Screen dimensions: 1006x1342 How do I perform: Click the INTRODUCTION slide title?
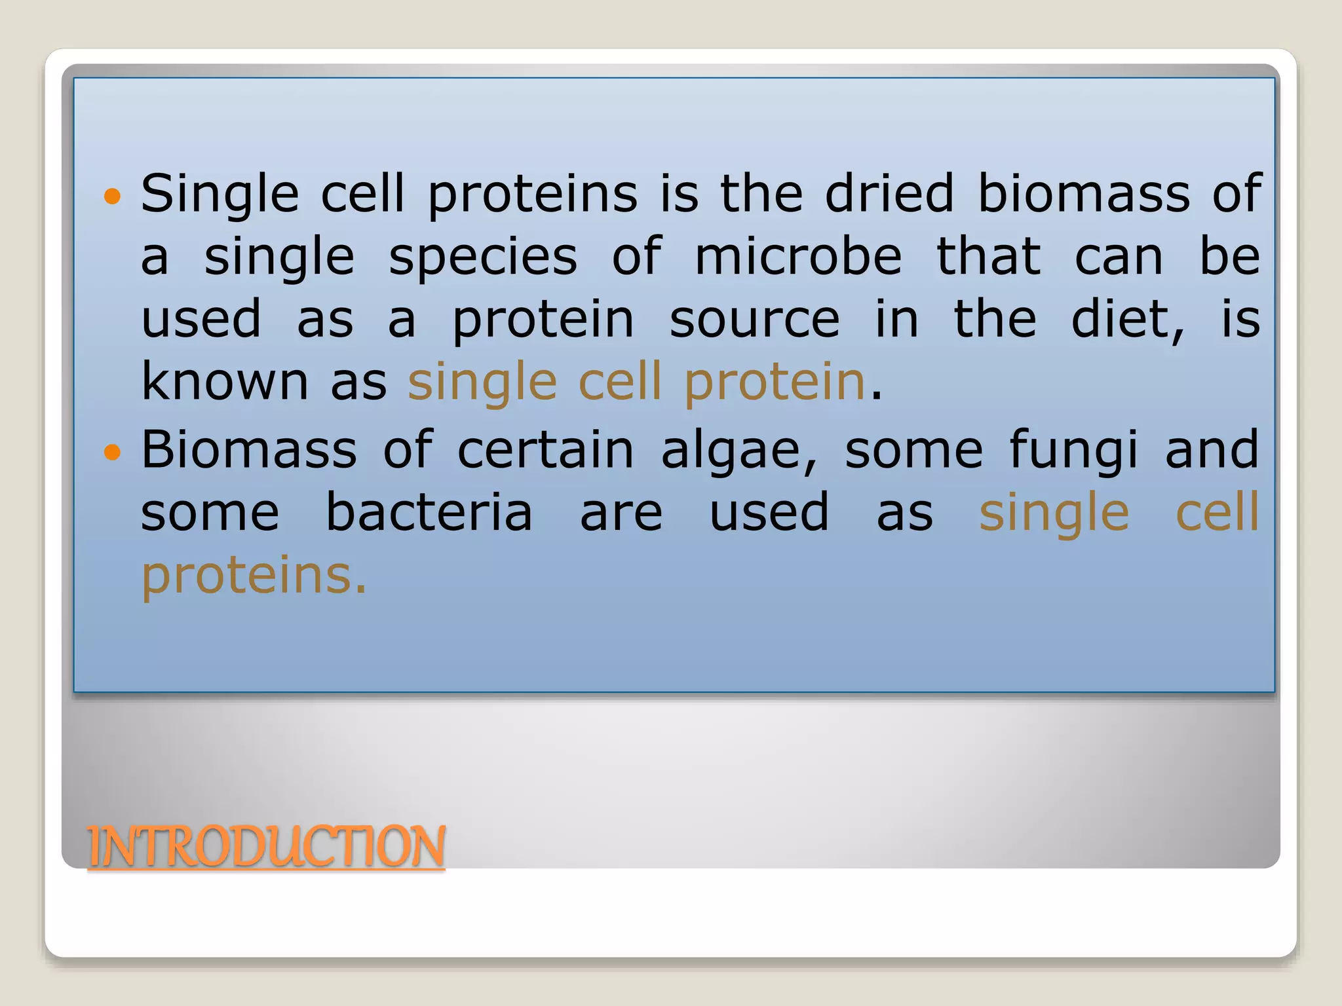pos(266,846)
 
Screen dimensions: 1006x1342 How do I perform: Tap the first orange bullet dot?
pos(113,196)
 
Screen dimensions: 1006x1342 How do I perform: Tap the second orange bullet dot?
pos(113,452)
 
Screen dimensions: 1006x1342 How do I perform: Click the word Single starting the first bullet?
pos(220,195)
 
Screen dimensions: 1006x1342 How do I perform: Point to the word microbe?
pos(798,256)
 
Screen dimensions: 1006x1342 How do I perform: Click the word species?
pos(483,257)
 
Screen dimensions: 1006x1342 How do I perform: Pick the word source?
pos(754,320)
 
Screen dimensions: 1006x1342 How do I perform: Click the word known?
pos(225,381)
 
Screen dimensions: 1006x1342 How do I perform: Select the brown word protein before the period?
pos(775,382)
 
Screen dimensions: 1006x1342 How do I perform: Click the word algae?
pos(740,451)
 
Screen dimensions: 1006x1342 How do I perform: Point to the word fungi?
pos(1073,451)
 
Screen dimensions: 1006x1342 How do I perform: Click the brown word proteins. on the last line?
pos(254,576)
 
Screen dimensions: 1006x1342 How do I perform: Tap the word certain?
pos(545,450)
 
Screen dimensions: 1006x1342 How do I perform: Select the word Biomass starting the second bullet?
pos(249,450)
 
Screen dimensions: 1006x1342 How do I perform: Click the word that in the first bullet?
pos(988,256)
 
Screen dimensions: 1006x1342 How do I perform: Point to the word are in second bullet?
pos(621,513)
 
